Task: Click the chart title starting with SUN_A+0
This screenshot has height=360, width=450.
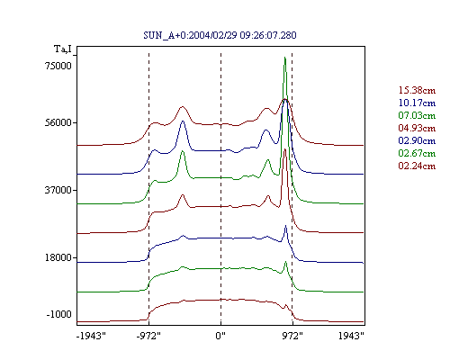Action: coord(220,35)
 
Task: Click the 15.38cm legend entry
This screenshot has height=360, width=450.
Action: coord(417,90)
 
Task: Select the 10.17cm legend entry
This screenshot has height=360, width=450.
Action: coord(417,103)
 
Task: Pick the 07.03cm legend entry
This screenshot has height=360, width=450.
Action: coord(417,115)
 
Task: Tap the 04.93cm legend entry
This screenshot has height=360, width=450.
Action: coord(417,128)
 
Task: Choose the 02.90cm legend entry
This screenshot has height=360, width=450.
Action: coord(417,140)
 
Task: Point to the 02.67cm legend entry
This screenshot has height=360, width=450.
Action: coord(417,153)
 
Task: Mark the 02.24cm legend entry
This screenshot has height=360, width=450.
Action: coord(417,166)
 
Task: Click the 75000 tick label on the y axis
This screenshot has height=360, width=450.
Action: coord(58,66)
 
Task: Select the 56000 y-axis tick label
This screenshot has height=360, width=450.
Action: coord(58,122)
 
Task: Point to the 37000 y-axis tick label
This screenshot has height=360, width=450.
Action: coord(58,190)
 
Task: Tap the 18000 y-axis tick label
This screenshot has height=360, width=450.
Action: coord(58,257)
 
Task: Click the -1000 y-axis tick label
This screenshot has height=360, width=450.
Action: coord(59,314)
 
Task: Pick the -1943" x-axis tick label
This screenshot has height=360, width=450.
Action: coord(91,336)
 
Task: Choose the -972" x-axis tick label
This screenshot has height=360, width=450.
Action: coord(148,336)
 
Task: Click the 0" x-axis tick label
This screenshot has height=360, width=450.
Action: coord(220,336)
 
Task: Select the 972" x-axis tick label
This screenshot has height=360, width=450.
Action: coord(292,336)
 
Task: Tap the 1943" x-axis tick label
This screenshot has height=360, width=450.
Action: coord(351,336)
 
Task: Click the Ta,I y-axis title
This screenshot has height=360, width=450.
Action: coord(63,49)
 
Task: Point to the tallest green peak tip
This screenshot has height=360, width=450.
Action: coord(284,58)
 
